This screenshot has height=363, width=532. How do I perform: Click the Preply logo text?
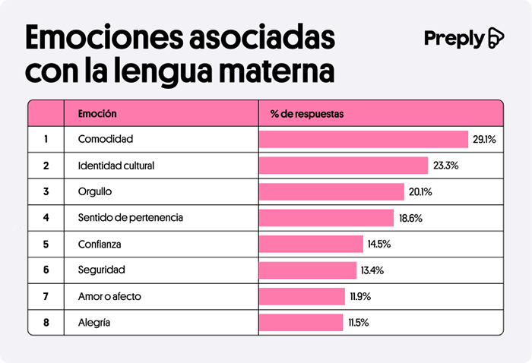click(x=454, y=39)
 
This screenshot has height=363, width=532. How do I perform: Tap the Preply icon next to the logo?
click(x=496, y=38)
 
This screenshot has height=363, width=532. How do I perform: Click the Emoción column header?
click(x=97, y=114)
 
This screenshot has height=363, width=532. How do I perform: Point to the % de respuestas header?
click(x=307, y=114)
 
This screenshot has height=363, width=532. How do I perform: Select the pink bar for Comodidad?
click(x=363, y=140)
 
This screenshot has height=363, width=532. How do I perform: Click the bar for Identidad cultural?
click(x=344, y=166)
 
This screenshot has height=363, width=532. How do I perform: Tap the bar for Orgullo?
click(x=331, y=192)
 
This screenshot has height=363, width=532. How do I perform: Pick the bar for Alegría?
click(x=301, y=323)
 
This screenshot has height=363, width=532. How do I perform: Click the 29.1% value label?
click(x=484, y=140)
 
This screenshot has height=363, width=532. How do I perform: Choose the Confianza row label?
click(x=100, y=245)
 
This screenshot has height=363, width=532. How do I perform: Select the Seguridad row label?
click(x=101, y=270)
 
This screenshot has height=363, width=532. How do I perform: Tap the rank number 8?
click(x=46, y=323)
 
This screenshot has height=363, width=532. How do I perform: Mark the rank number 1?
click(x=46, y=140)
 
